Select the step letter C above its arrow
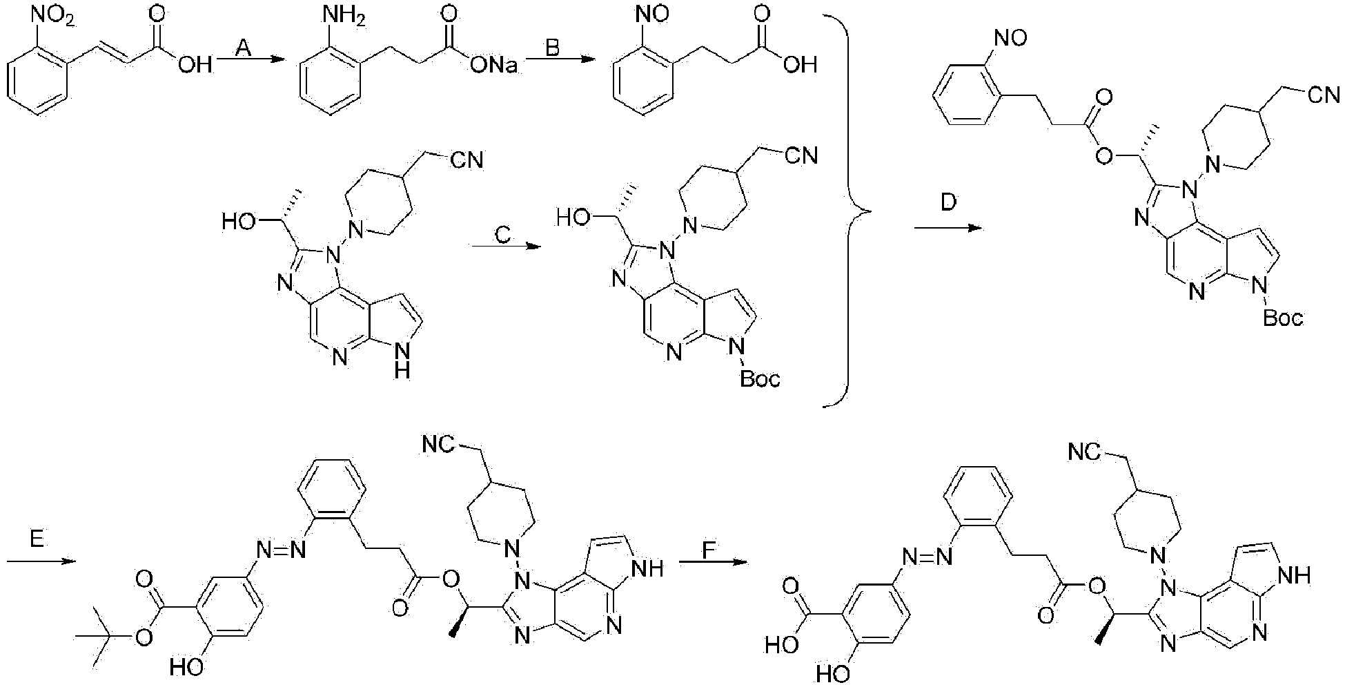click(502, 235)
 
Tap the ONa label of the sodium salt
click(500, 66)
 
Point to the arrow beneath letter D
click(947, 227)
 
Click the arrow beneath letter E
click(40, 561)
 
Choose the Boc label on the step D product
click(1283, 318)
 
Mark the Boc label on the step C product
click(760, 378)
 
